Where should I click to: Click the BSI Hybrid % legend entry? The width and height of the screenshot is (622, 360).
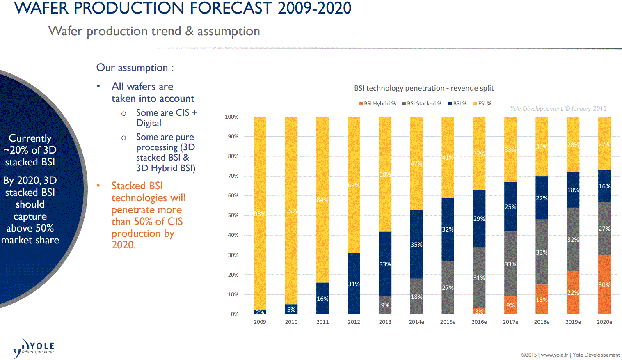click(377, 104)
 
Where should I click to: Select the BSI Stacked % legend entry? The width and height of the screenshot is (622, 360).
click(422, 104)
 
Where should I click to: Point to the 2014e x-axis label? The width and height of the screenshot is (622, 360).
click(416, 322)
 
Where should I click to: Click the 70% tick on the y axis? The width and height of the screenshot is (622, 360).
click(233, 176)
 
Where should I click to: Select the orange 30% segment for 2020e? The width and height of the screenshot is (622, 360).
click(604, 284)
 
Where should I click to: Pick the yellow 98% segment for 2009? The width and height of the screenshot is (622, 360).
click(260, 213)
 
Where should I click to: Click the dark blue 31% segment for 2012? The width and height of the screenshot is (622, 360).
click(354, 284)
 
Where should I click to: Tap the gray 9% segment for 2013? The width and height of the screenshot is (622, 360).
click(385, 305)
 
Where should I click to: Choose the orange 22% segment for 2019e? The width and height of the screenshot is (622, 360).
click(573, 292)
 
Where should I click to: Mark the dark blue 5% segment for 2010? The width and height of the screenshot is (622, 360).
click(291, 310)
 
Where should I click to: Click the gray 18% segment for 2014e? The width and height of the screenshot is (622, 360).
click(416, 296)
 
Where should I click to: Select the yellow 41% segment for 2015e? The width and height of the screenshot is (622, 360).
click(448, 158)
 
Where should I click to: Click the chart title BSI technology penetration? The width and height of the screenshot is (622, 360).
click(424, 88)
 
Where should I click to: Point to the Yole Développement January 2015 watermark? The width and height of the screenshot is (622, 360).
click(558, 109)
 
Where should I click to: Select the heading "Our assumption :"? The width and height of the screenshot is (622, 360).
click(135, 68)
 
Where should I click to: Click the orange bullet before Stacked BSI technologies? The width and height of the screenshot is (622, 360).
click(98, 186)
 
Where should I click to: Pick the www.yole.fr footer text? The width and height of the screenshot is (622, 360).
click(554, 355)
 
